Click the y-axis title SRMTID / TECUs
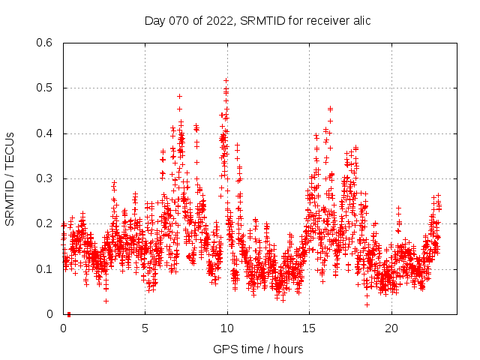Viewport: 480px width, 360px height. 10,179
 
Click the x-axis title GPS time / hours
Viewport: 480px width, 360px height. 258,349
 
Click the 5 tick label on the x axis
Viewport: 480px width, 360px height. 145,328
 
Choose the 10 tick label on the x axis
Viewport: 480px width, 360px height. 227,328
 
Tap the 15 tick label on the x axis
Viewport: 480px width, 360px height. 309,328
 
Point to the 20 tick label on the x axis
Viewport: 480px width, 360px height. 391,328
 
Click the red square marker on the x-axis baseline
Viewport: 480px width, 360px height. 68,314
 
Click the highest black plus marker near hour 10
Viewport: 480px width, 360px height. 226,80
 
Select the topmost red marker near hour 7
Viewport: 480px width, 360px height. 179,96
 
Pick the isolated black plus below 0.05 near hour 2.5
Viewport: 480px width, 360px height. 106,301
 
